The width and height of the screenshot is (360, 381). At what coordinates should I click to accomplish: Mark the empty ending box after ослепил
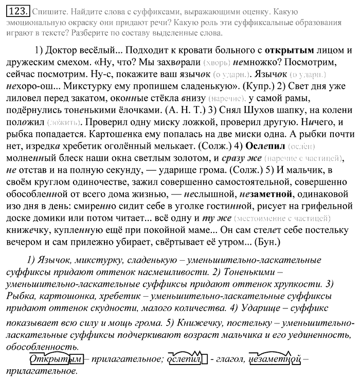click(204, 358)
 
